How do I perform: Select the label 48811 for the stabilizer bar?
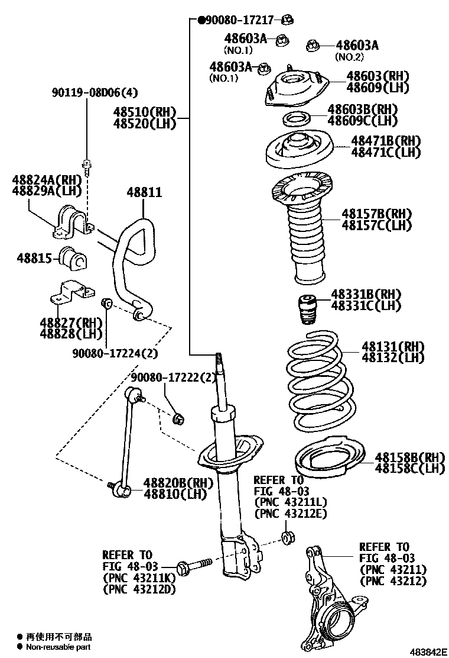[x=144, y=193]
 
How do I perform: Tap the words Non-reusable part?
[x=58, y=647]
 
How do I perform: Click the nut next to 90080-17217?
[x=288, y=20]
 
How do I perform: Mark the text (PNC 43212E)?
[x=290, y=513]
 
